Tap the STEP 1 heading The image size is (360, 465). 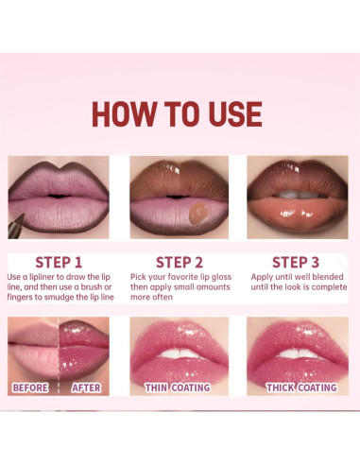point(59,262)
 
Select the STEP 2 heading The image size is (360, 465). point(180,262)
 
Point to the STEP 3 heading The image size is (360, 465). point(297,262)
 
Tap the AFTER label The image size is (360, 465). point(86,387)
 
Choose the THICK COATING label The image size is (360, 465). point(300,387)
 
